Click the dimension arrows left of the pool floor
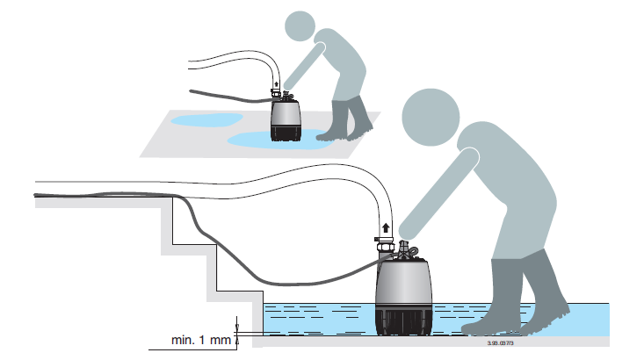[238, 328]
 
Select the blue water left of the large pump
[316, 318]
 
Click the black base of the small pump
[283, 134]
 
